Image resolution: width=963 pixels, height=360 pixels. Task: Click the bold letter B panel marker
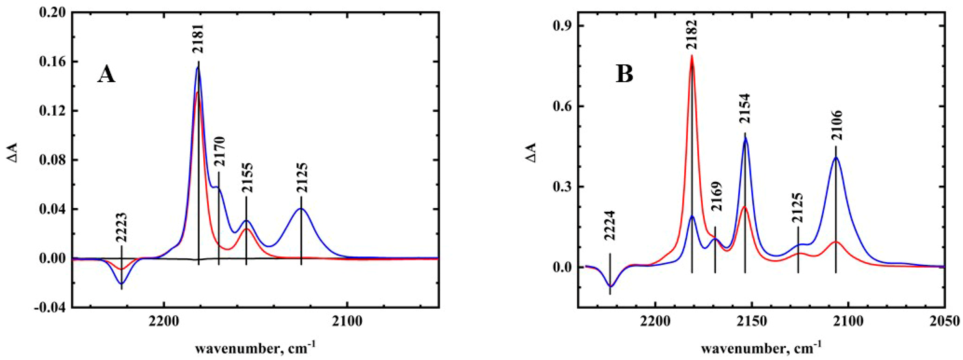point(624,74)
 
